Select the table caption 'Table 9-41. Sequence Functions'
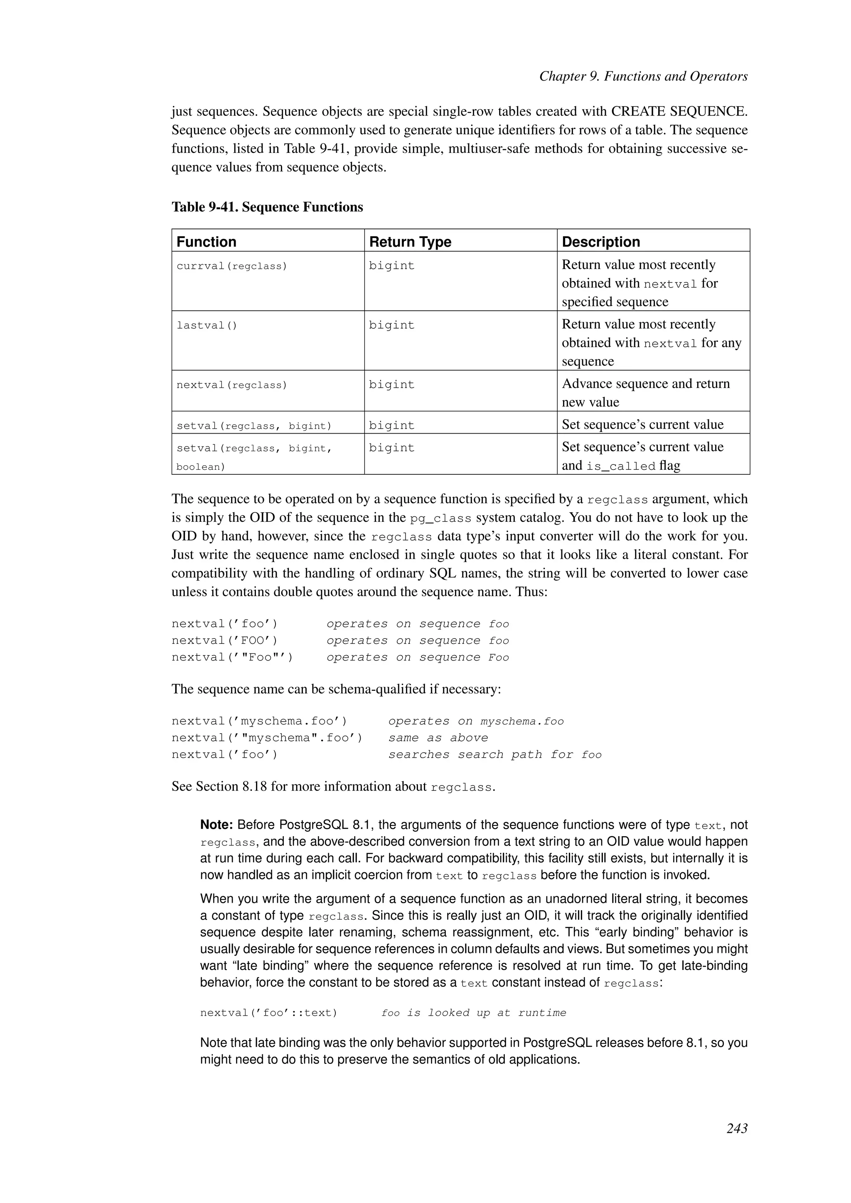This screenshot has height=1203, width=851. point(267,207)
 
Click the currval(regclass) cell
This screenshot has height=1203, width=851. point(231,266)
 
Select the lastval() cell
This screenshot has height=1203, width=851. point(207,325)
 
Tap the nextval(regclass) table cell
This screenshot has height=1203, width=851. point(231,385)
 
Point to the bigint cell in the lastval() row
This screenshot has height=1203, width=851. point(391,325)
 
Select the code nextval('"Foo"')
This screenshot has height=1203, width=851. point(232,658)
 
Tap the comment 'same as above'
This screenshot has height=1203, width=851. point(438,738)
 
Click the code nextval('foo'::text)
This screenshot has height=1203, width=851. point(268,1013)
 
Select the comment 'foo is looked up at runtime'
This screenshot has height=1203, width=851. point(474,1013)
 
